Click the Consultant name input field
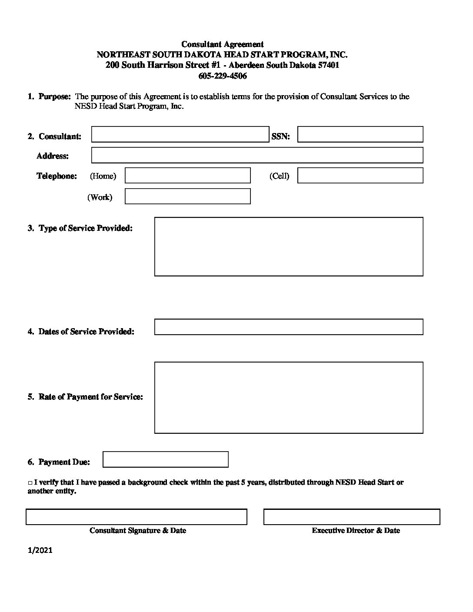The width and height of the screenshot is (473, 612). point(180,134)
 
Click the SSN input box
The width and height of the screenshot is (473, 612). point(360,134)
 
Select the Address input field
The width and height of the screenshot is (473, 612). point(257,155)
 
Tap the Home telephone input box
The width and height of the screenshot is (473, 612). point(187,176)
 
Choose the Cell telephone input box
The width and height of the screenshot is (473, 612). point(360,176)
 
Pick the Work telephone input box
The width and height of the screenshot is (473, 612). point(187,196)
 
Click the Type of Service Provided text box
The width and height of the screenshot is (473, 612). point(289,246)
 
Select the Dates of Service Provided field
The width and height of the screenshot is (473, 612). point(289,327)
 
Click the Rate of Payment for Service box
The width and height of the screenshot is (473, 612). point(289,397)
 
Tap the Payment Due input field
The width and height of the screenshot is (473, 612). point(165,459)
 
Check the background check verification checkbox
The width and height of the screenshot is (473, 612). point(30,483)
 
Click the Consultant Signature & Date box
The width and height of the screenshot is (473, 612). point(137,517)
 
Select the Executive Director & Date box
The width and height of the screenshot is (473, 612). point(352,517)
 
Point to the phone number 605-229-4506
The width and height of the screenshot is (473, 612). point(222,76)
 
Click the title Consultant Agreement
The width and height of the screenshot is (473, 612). point(222,44)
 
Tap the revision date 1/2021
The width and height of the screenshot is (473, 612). point(40,550)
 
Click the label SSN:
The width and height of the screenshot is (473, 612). point(281,136)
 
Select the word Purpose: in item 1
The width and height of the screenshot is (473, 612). point(54,96)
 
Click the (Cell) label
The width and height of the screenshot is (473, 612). point(279,176)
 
